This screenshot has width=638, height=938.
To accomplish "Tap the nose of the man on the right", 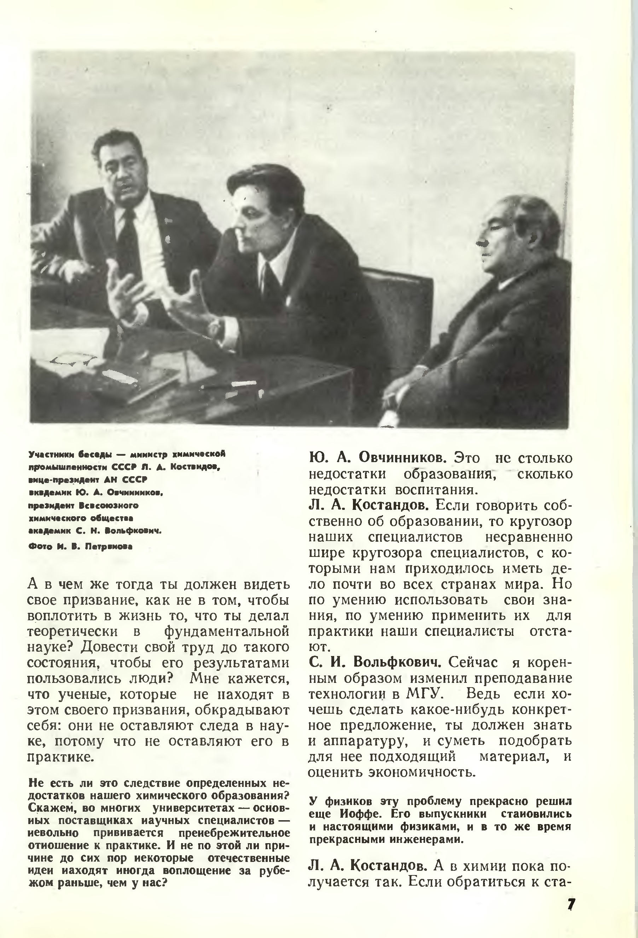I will point(481,242).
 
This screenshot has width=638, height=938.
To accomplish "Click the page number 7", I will point(570,904).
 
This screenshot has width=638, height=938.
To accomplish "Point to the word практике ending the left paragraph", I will point(60,757).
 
